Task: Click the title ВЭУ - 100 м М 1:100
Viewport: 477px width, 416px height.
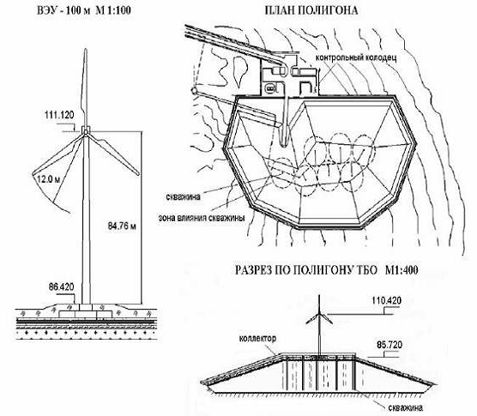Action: click(84, 10)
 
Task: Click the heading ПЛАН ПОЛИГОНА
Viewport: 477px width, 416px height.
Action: click(311, 10)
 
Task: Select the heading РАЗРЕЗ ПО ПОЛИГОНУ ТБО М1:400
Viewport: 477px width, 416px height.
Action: click(326, 270)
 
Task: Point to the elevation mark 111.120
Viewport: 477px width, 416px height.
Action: click(59, 115)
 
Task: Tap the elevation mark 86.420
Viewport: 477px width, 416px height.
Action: click(62, 286)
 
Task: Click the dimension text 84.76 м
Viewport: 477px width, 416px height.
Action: click(122, 226)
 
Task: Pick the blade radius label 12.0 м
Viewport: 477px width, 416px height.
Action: click(49, 179)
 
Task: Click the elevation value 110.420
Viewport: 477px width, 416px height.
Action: click(386, 300)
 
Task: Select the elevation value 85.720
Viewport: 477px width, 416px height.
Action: click(389, 345)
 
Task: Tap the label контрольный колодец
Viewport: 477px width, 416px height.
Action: click(356, 57)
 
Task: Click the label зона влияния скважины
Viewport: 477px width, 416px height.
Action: click(202, 218)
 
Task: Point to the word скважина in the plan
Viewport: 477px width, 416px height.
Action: click(183, 196)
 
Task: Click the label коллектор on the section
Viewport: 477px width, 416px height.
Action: click(257, 339)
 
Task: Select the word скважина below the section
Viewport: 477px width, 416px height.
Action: click(405, 407)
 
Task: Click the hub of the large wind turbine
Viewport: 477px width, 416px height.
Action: click(86, 131)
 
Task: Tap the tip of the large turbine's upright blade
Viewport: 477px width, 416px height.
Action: click(86, 49)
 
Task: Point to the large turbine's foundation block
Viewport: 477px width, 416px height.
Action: click(86, 315)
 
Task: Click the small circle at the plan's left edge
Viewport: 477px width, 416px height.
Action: click(194, 90)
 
